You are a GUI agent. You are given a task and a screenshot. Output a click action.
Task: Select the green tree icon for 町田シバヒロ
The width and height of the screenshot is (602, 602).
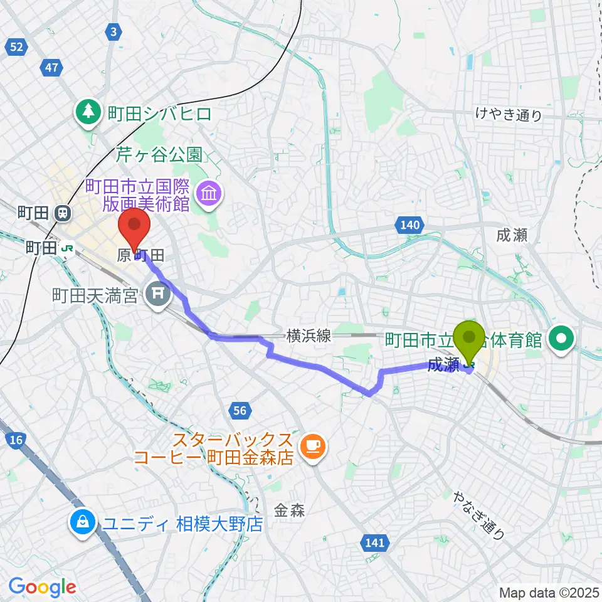88,112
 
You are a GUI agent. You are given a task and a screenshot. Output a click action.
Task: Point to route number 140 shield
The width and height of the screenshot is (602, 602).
411,224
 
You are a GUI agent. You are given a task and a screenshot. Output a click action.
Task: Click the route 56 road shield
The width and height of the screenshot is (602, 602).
239,411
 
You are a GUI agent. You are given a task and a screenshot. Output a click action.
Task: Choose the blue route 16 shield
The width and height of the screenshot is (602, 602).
17,440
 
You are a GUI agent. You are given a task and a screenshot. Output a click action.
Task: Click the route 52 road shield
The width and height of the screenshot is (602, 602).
18,46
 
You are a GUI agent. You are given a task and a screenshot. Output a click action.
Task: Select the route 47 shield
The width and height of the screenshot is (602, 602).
51,66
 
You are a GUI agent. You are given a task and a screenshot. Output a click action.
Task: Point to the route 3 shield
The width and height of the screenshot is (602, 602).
114,31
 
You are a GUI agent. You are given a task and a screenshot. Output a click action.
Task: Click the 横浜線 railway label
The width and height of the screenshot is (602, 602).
309,335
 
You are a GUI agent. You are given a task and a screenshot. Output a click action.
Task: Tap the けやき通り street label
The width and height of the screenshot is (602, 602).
508,115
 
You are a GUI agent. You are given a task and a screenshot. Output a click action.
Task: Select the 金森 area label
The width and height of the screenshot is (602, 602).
289,510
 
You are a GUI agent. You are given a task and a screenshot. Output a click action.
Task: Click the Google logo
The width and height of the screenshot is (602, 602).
43,587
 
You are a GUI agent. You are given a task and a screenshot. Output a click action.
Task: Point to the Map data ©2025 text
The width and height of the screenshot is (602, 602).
547,592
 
